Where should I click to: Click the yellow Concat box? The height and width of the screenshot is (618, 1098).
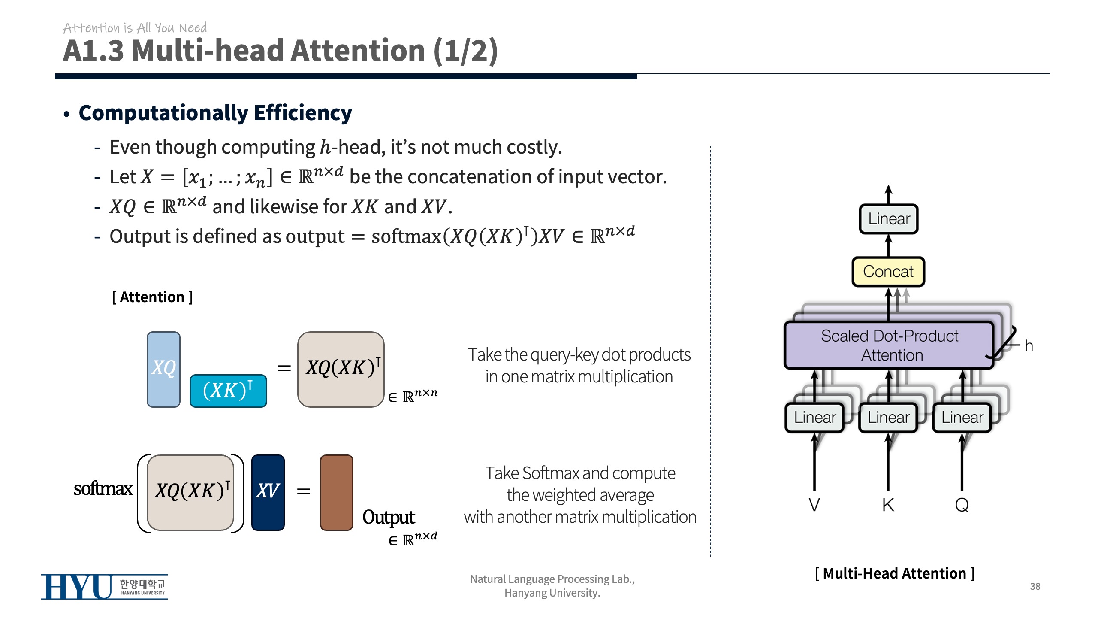click(x=888, y=272)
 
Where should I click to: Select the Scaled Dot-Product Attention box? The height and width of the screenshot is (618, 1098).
click(x=889, y=345)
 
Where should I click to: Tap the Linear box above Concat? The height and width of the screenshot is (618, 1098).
click(x=889, y=219)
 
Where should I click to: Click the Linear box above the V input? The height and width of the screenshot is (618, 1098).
click(x=814, y=417)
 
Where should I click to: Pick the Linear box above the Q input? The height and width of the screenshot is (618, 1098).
click(x=962, y=417)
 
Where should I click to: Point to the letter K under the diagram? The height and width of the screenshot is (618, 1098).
click(x=888, y=505)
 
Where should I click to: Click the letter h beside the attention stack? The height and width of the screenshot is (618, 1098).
click(x=1029, y=346)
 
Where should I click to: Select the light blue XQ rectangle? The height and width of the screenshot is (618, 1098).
click(x=163, y=369)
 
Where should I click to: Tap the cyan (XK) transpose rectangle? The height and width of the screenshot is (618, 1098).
click(x=228, y=391)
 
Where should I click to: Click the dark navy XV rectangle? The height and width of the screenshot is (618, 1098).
click(x=268, y=492)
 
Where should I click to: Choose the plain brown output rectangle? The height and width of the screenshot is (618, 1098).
click(x=337, y=492)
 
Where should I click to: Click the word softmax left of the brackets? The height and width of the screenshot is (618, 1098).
click(x=103, y=489)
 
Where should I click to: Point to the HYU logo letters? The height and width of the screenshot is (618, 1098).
click(x=77, y=587)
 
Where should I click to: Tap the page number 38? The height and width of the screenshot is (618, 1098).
click(x=1035, y=586)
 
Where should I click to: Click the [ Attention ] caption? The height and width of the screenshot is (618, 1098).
click(x=152, y=297)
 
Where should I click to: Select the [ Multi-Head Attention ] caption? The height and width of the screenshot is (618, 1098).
click(x=894, y=573)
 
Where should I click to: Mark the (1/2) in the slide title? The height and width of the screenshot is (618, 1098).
click(x=465, y=51)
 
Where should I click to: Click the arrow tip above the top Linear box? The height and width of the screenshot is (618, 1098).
click(x=889, y=188)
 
